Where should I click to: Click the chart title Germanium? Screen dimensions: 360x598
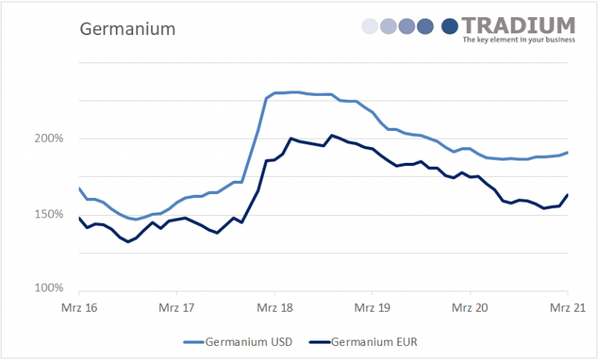coord(128,29)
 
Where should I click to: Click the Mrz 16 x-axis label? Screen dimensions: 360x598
coord(79,306)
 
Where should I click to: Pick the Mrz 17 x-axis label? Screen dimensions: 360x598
coord(177,306)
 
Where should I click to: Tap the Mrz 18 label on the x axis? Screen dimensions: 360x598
coord(275,306)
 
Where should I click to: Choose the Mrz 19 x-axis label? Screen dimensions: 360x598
coord(372,306)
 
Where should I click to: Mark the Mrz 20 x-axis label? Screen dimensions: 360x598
coord(470,306)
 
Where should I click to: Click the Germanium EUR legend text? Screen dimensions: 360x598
coord(379,341)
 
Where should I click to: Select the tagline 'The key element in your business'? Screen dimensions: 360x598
coord(519,39)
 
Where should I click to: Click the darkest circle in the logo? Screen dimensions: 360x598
coord(450,27)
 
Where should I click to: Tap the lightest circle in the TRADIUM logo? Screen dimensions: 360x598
coord(371,27)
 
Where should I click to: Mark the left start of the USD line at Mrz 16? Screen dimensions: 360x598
coord(79,188)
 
